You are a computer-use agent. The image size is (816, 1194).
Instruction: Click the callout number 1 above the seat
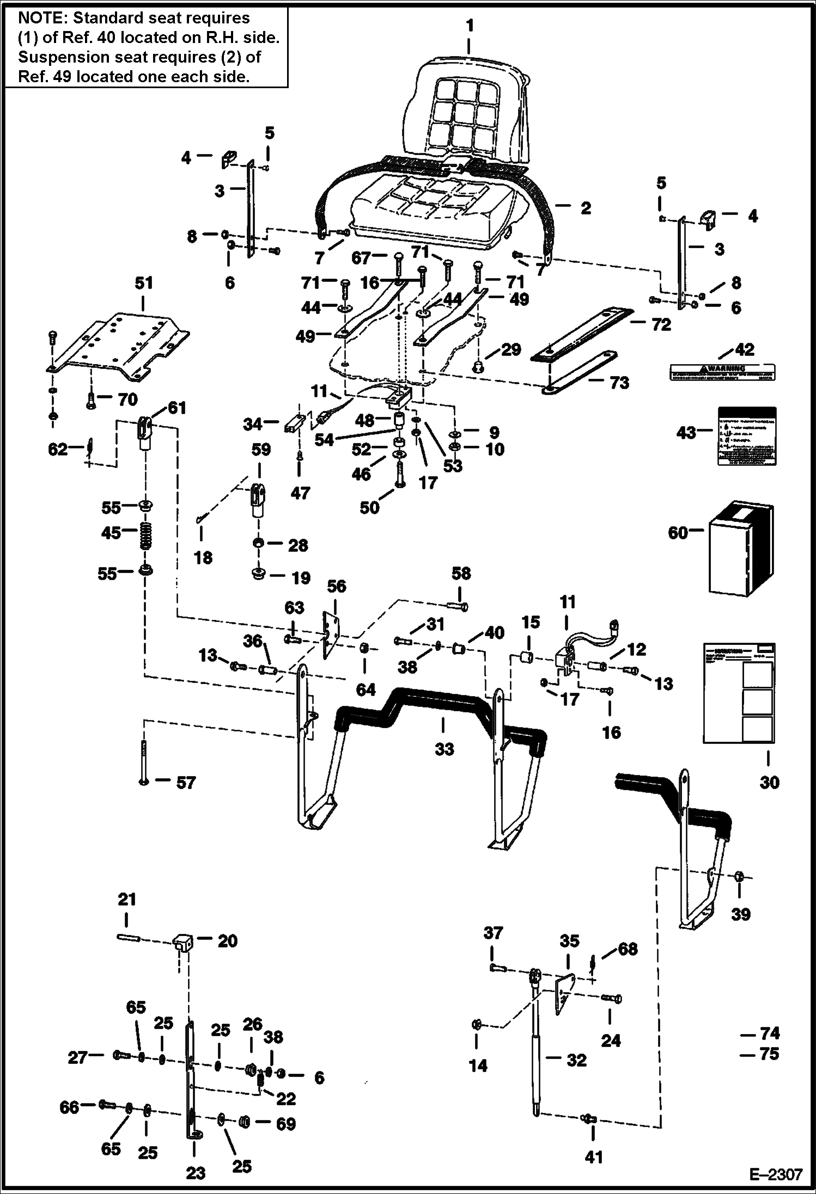[x=470, y=26]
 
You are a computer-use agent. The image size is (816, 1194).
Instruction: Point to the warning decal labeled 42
[x=722, y=372]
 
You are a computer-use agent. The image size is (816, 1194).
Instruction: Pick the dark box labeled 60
[x=741, y=550]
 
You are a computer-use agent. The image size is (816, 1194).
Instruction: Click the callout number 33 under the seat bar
[x=444, y=749]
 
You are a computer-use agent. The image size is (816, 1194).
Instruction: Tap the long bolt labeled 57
[x=143, y=762]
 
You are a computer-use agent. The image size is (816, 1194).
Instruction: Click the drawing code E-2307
[x=776, y=1174]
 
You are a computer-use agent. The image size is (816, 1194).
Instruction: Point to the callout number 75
[x=769, y=1054]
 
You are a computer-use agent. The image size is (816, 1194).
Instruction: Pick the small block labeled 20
[x=182, y=941]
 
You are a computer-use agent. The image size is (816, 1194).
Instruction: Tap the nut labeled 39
[x=739, y=877]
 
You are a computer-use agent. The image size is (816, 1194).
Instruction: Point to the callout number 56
[x=337, y=586]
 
